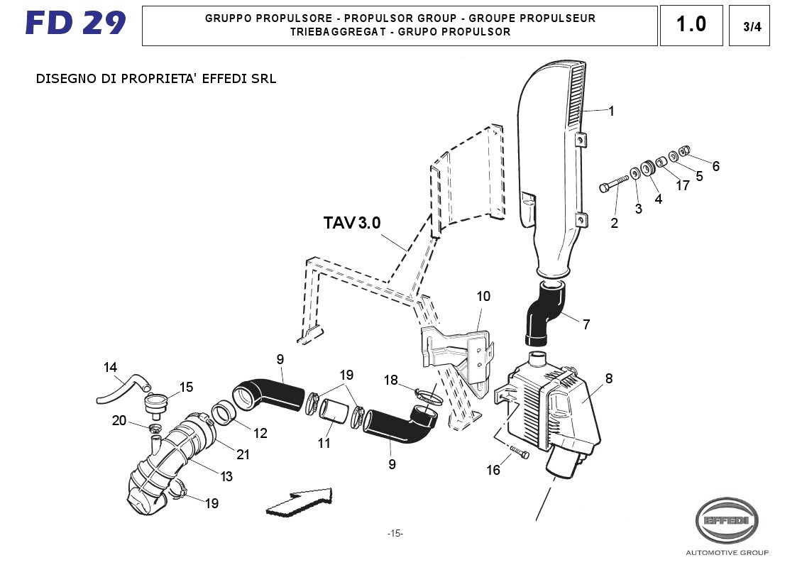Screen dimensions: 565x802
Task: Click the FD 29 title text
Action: pyautogui.click(x=75, y=23)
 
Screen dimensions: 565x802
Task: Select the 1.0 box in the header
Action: pyautogui.click(x=691, y=25)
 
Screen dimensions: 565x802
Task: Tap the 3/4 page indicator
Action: pyautogui.click(x=749, y=27)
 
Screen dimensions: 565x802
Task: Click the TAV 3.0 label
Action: pyautogui.click(x=352, y=223)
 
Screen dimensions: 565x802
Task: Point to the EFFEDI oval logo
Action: pyautogui.click(x=726, y=521)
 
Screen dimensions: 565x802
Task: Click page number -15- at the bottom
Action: pyautogui.click(x=395, y=534)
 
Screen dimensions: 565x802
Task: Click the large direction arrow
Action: pyautogui.click(x=300, y=503)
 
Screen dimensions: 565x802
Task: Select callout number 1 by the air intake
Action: pyautogui.click(x=611, y=111)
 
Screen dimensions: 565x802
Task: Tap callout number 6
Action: pyautogui.click(x=715, y=166)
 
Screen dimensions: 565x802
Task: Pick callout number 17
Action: pyautogui.click(x=682, y=186)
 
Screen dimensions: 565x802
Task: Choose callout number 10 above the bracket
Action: pyautogui.click(x=483, y=296)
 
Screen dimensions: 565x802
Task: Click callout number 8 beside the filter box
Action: pyautogui.click(x=608, y=379)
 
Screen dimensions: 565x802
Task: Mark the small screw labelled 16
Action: pyautogui.click(x=520, y=454)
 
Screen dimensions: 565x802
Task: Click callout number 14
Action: pyautogui.click(x=110, y=368)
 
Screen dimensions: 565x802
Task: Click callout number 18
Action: pyautogui.click(x=391, y=380)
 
